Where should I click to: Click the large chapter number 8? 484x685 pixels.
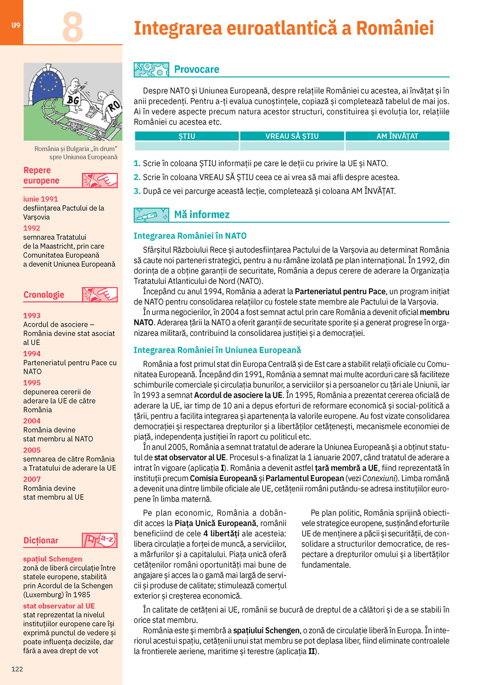pyautogui.click(x=73, y=27)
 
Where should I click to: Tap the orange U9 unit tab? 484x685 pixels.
pyautogui.click(x=16, y=25)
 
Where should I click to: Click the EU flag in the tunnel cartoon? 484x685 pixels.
pyautogui.click(x=48, y=81)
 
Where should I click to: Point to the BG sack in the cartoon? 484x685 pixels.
pyautogui.click(x=73, y=100)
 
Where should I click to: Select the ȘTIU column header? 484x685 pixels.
pyautogui.click(x=187, y=136)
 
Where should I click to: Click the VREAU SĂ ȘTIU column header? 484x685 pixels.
pyautogui.click(x=292, y=136)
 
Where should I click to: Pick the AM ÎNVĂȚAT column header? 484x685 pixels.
pyautogui.click(x=397, y=136)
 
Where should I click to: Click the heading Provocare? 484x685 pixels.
pyautogui.click(x=197, y=70)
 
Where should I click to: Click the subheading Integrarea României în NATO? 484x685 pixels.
pyautogui.click(x=190, y=236)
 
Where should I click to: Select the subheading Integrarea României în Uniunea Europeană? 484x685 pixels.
pyautogui.click(x=217, y=350)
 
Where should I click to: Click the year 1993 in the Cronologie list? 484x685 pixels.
pyautogui.click(x=32, y=316)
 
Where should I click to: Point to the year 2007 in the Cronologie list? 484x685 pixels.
pyautogui.click(x=32, y=479)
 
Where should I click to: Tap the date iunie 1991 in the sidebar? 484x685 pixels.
pyautogui.click(x=40, y=199)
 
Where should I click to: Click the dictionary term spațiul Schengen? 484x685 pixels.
pyautogui.click(x=52, y=559)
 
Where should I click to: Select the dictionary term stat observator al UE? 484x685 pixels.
pyautogui.click(x=59, y=606)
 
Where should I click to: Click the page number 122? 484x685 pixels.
pyautogui.click(x=17, y=669)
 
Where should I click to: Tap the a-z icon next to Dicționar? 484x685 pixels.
pyautogui.click(x=100, y=540)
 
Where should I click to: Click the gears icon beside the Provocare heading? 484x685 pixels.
pyautogui.click(x=151, y=70)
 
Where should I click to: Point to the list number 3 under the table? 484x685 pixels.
pyautogui.click(x=137, y=191)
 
